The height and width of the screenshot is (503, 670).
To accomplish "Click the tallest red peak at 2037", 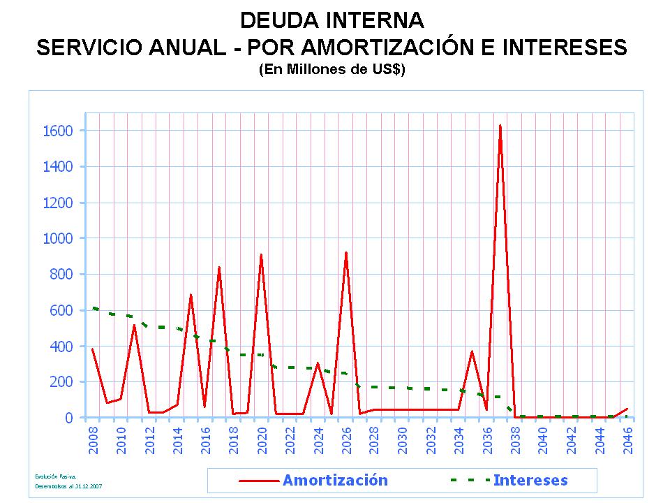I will (x=500, y=126).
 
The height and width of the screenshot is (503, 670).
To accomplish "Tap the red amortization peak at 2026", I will (x=346, y=253).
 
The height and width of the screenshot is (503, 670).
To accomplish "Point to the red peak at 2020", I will (x=261, y=255).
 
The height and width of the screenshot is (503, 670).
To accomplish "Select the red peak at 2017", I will (x=219, y=268).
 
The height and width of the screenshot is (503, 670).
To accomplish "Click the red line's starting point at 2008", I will (x=92, y=349).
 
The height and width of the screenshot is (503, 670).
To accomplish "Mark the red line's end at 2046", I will (x=627, y=409).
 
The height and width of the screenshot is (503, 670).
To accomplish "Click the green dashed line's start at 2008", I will (x=93, y=307).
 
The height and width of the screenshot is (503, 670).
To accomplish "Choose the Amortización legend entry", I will (x=335, y=480).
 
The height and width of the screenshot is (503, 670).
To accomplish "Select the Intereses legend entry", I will (x=530, y=480).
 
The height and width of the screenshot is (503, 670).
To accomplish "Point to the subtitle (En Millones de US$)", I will (x=332, y=70).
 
